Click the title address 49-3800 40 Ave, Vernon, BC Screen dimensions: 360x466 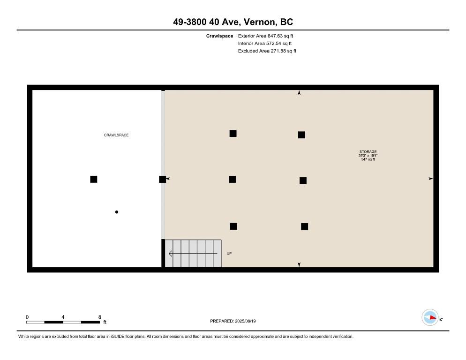233,22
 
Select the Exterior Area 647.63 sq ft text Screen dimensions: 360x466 266,36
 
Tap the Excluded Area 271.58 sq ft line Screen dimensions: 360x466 267,51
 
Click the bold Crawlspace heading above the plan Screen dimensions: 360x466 219,36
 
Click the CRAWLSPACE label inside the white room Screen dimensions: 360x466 116,135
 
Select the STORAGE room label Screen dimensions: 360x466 368,152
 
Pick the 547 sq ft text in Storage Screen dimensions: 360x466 368,160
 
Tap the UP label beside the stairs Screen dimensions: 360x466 229,254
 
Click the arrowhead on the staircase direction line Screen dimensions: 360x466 171,254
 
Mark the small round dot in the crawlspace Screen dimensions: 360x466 117,212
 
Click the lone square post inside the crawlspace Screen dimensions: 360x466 94,179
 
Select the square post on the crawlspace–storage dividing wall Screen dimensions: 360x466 162,179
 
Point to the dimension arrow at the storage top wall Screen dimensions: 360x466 299,93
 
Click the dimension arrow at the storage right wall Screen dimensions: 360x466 430,179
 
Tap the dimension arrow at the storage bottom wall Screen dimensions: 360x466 299,265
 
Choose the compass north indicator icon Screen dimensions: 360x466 430,318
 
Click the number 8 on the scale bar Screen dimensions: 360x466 99,317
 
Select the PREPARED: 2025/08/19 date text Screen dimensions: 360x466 233,321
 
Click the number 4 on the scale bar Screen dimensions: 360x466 63,317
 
